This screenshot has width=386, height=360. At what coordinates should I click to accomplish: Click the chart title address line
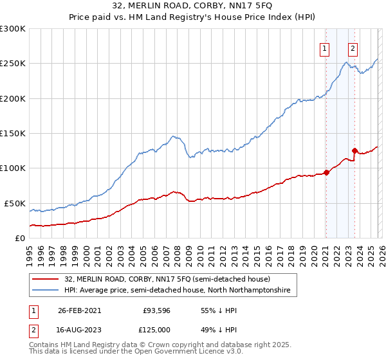click(192, 7)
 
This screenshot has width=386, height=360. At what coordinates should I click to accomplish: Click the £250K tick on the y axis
click(13, 64)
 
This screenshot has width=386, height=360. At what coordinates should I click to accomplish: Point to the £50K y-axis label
click(15, 203)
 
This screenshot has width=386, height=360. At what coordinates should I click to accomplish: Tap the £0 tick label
click(20, 238)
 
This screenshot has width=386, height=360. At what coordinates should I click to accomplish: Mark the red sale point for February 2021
click(326, 172)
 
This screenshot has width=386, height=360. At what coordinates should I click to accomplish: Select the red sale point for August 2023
click(354, 151)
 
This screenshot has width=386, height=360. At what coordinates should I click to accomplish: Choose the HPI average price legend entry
click(177, 291)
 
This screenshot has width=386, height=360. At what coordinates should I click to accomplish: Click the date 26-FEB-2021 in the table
click(79, 310)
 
